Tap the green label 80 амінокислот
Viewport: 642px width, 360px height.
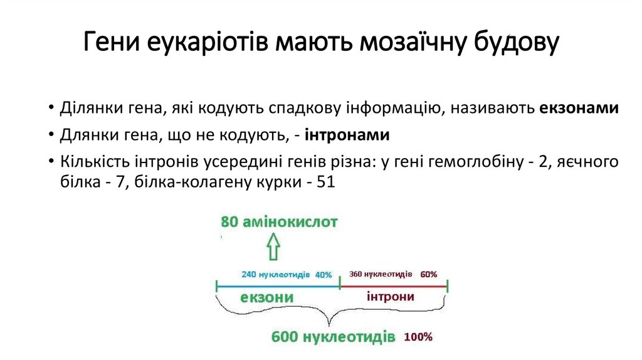(279, 222)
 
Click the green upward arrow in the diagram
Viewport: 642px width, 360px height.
(273, 247)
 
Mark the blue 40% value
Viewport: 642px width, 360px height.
(323, 274)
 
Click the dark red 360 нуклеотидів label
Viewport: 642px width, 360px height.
(381, 274)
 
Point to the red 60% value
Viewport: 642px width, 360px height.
(429, 274)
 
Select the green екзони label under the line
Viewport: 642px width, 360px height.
(267, 297)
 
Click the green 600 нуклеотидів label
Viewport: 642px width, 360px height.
(333, 336)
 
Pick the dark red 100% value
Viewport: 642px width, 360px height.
(418, 337)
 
